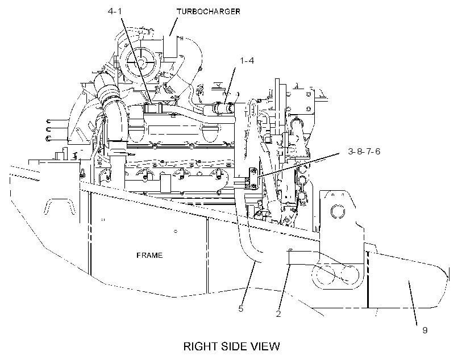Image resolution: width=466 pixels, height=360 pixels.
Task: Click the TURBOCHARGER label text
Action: click(209, 11)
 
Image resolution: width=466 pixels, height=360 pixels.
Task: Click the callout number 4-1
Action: click(115, 11)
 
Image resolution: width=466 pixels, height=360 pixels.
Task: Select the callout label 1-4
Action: click(247, 61)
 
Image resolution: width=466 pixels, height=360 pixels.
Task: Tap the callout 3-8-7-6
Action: click(364, 152)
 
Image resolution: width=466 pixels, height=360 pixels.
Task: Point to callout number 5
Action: click(241, 309)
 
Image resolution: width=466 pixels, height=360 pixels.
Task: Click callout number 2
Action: click(278, 313)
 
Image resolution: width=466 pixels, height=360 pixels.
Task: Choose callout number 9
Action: click(425, 330)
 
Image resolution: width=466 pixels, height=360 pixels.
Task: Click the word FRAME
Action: click(149, 256)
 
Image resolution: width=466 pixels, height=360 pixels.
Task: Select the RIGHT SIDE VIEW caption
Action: click(231, 346)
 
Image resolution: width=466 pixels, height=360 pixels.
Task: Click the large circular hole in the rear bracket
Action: click(338, 212)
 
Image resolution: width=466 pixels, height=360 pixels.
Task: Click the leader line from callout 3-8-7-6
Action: click(298, 165)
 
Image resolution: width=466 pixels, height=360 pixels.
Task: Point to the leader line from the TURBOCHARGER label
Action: click(173, 27)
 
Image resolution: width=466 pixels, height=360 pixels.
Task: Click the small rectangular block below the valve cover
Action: click(165, 183)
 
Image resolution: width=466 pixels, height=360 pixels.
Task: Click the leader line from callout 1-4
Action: click(230, 85)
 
